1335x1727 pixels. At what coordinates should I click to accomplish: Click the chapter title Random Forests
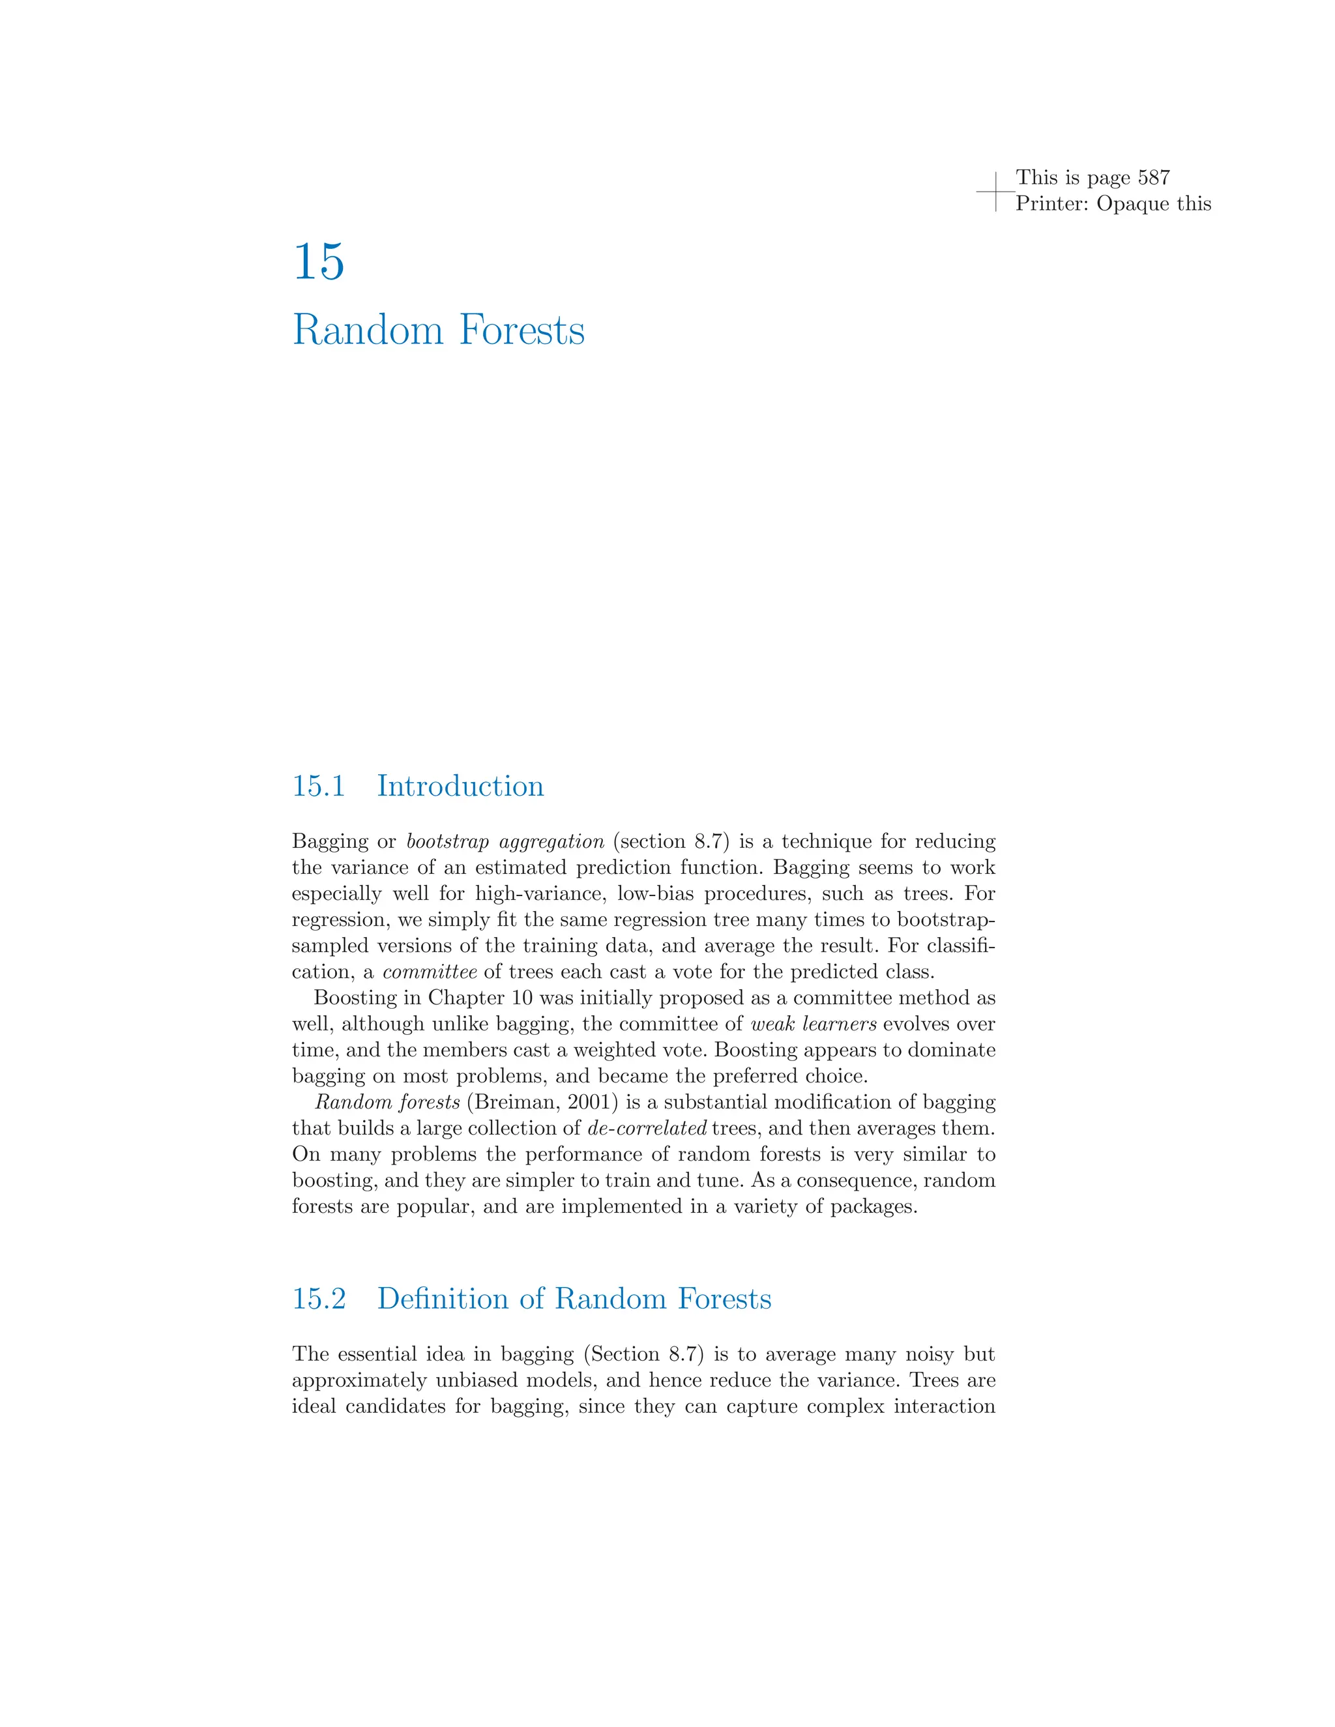tap(438, 330)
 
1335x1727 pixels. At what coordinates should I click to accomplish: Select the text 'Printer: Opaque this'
tap(1113, 203)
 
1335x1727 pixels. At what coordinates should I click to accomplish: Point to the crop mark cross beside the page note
tap(996, 192)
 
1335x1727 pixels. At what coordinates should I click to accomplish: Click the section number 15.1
tap(319, 786)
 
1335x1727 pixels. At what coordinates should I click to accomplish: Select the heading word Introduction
tap(460, 786)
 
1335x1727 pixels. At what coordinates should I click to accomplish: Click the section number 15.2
tap(319, 1298)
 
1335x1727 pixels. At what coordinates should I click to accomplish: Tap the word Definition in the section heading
tap(444, 1298)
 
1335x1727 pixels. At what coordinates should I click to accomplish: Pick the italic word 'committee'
tap(430, 972)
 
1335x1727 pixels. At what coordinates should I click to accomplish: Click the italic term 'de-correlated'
tap(647, 1128)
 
